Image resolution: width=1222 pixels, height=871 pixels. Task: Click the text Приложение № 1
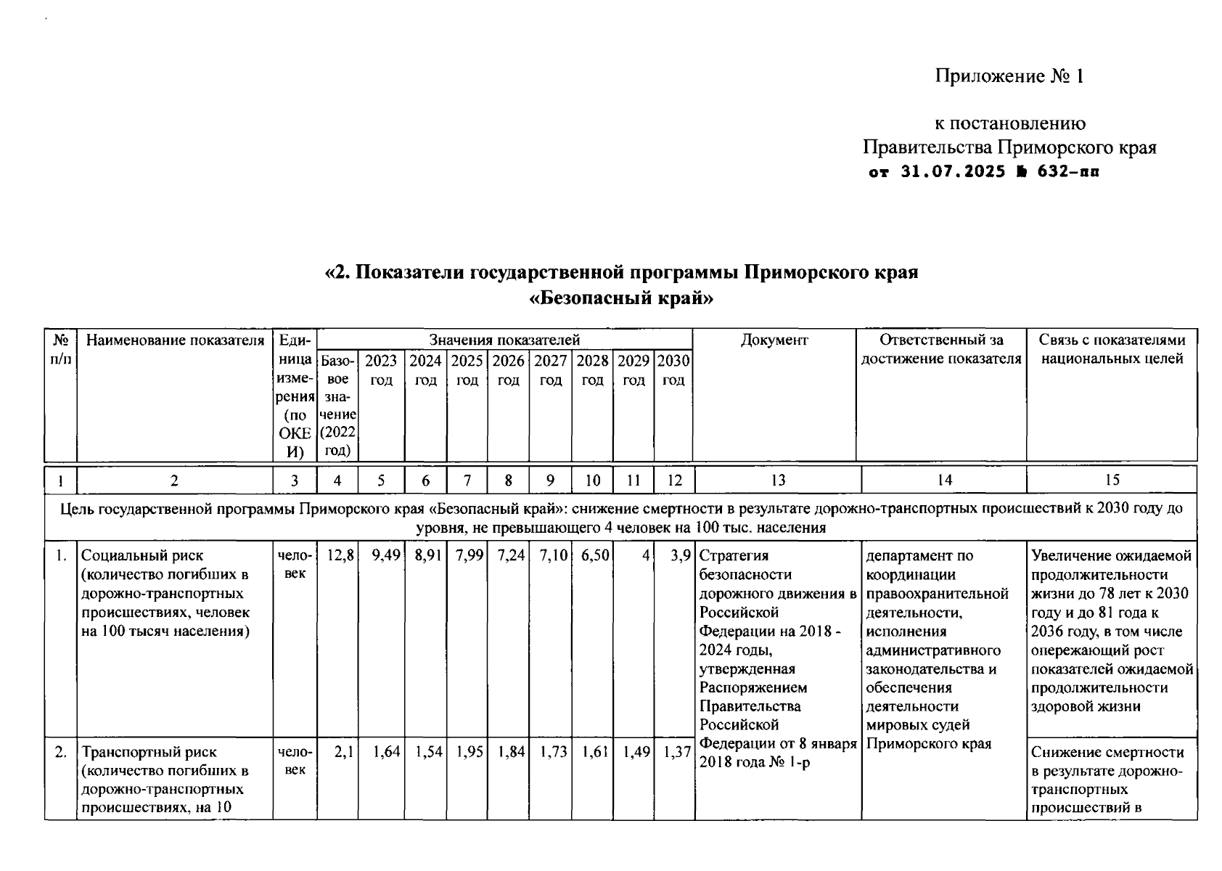tap(1009, 76)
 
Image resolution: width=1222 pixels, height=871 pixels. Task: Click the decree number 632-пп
tap(1069, 172)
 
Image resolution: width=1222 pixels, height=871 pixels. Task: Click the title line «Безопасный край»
tap(622, 298)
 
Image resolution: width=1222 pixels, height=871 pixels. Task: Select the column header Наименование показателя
tap(175, 340)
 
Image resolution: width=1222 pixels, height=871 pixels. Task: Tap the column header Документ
tap(774, 340)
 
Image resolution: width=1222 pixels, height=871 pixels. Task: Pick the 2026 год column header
tap(508, 369)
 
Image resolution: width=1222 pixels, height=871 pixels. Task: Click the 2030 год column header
tap(673, 369)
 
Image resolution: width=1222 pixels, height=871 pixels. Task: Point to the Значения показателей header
tap(504, 340)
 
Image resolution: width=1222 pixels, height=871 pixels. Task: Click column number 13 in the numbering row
tap(777, 480)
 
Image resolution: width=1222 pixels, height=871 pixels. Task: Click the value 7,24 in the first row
tap(511, 556)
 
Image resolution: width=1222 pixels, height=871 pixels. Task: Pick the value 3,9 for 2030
tap(680, 556)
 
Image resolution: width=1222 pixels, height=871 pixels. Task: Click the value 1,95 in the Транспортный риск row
tap(469, 753)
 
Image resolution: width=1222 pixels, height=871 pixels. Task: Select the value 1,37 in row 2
tap(676, 753)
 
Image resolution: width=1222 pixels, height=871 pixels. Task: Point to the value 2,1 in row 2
tap(343, 753)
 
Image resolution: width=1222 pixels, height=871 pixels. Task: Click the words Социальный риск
tap(142, 556)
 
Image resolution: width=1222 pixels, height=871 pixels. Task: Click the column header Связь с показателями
tap(1112, 340)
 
